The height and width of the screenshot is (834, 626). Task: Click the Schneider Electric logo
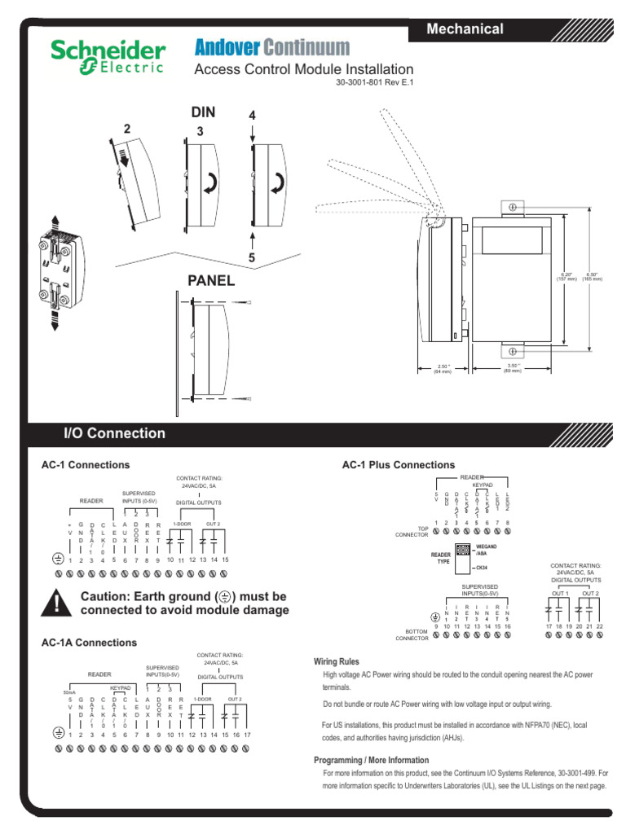(108, 56)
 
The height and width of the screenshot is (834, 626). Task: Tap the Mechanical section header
(465, 29)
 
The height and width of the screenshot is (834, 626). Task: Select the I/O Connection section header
(114, 433)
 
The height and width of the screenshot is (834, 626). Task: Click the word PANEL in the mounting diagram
(211, 281)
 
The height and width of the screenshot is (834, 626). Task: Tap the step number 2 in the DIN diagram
(127, 129)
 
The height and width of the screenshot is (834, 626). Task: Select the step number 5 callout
(252, 258)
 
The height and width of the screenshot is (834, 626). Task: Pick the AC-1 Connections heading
(86, 465)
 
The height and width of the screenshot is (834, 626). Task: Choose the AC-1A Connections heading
(89, 643)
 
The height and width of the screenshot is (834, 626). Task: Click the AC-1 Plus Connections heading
(398, 465)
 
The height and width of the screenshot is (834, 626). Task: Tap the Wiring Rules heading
(336, 661)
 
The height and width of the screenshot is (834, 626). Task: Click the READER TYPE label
(440, 556)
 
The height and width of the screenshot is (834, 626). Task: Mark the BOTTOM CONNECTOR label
(412, 635)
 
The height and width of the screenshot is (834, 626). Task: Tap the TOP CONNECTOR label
(412, 531)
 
